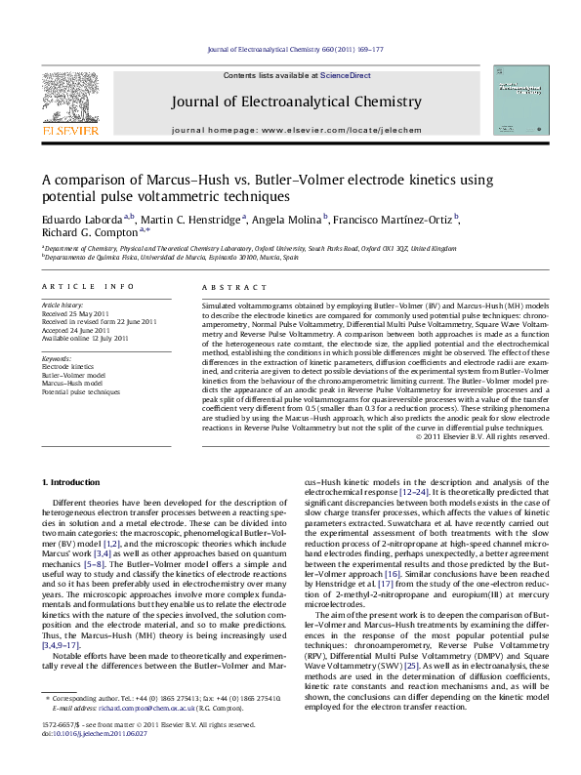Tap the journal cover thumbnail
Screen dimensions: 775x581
[518, 101]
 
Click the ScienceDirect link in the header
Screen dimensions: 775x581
[346, 75]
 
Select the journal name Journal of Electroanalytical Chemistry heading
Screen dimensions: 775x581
[297, 102]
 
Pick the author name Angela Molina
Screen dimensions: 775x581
[287, 219]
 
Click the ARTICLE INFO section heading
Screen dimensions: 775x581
[86, 286]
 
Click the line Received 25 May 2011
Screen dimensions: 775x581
[76, 312]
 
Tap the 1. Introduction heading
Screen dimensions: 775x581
[72, 483]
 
